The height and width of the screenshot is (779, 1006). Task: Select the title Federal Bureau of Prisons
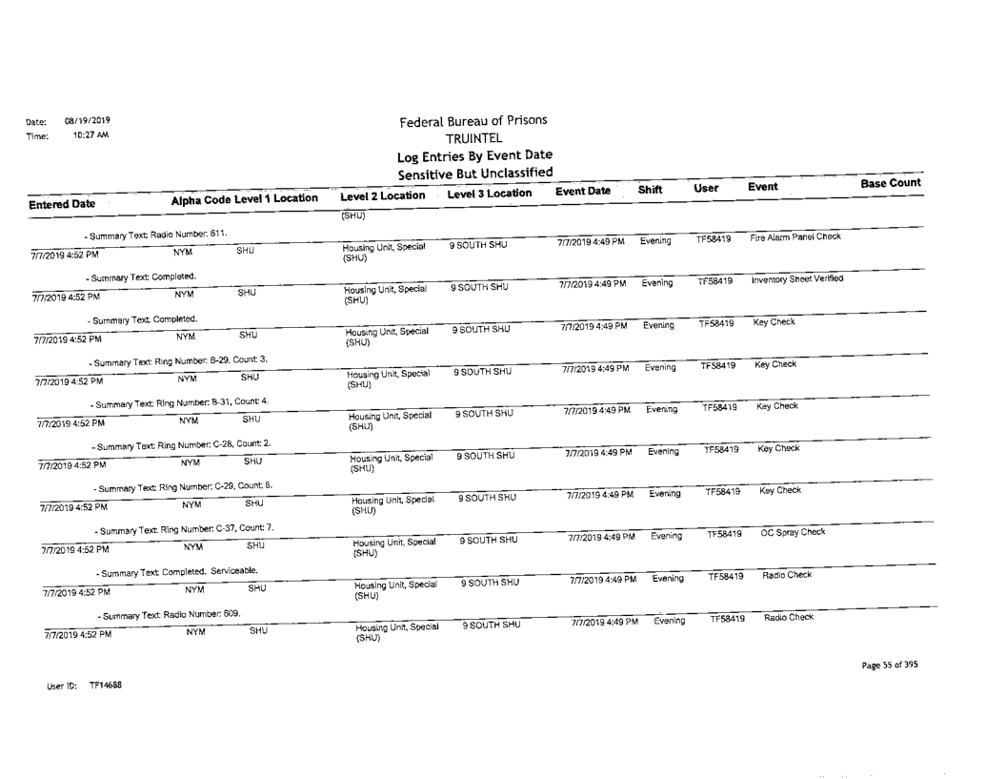(x=473, y=121)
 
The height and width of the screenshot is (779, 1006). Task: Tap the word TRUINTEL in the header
(x=473, y=138)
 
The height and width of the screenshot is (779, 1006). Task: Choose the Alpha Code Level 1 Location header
(x=244, y=198)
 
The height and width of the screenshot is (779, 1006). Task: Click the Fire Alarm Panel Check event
(x=795, y=236)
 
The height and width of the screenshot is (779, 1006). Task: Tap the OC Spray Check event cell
(x=793, y=532)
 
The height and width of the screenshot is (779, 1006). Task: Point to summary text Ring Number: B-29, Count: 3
(x=177, y=360)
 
